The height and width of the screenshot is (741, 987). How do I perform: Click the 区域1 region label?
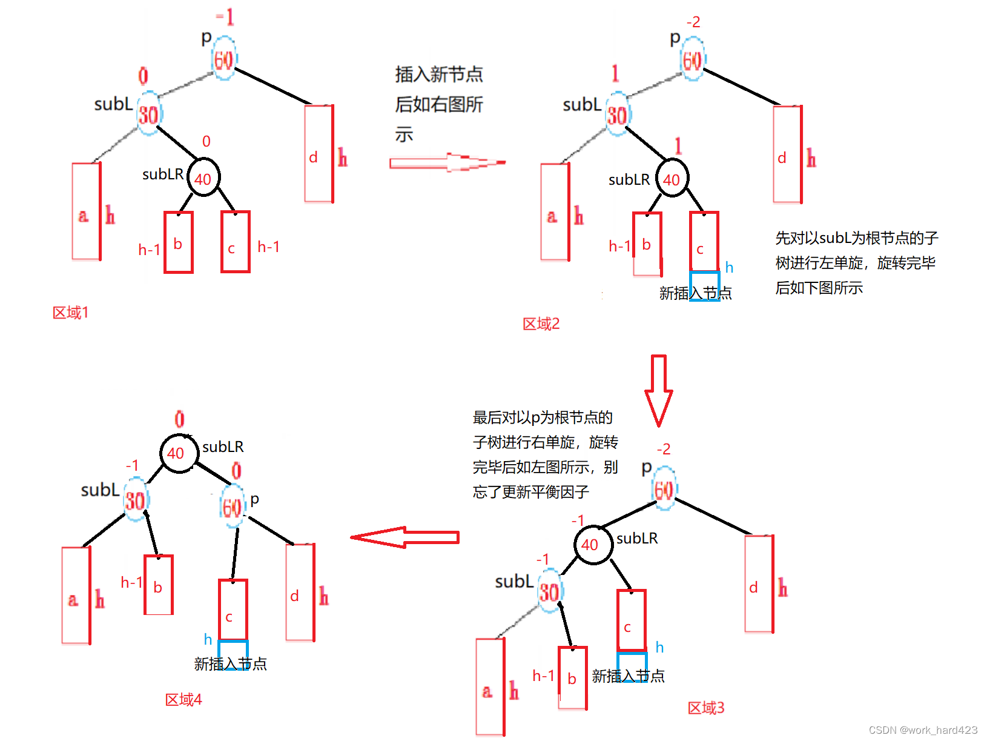70,313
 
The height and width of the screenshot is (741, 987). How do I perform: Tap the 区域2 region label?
541,324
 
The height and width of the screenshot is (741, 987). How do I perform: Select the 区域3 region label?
705,708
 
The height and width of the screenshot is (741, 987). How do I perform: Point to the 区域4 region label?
183,700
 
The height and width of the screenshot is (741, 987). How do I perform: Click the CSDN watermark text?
923,730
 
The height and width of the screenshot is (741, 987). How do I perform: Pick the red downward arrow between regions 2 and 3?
658,391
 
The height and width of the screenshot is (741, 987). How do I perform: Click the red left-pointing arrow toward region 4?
404,537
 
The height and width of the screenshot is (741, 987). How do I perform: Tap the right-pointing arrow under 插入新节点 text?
447,162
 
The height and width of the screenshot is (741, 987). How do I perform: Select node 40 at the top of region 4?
179,453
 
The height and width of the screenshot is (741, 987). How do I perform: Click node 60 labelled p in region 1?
223,60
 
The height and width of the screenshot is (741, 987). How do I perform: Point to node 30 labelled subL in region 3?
550,592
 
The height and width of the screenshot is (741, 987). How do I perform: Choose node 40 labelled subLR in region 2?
672,179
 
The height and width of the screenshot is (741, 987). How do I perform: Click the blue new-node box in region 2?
704,285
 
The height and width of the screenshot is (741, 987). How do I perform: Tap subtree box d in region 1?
319,154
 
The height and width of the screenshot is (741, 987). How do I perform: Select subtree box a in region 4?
76,596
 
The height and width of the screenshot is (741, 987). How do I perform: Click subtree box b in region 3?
573,678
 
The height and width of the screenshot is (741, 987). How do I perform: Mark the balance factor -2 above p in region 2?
693,22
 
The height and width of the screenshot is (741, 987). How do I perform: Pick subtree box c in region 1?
235,242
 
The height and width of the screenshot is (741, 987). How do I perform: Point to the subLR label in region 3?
637,538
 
